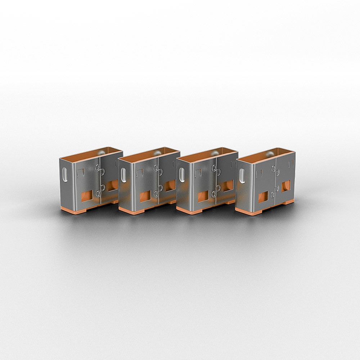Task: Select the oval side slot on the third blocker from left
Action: click(x=182, y=176)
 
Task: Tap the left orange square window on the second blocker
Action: click(x=145, y=196)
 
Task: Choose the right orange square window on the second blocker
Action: click(x=170, y=185)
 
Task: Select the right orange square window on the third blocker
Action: click(x=228, y=185)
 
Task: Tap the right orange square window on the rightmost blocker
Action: click(x=286, y=186)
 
